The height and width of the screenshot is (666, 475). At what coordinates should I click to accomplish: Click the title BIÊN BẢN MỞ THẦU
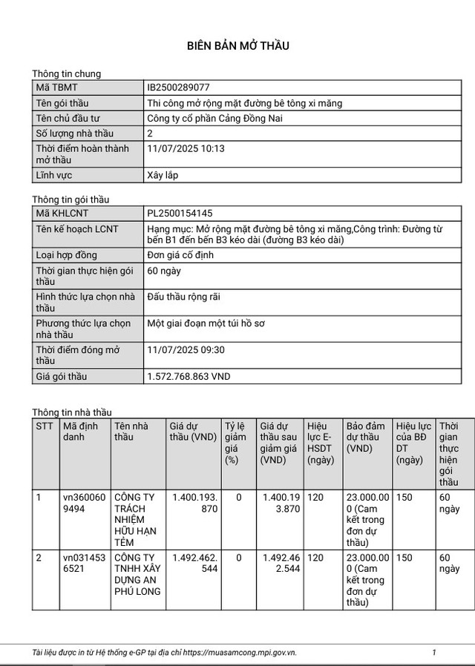point(237,46)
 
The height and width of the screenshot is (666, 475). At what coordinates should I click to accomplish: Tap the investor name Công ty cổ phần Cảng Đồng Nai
point(215,118)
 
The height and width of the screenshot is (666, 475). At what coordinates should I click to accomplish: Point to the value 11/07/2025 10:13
point(186,149)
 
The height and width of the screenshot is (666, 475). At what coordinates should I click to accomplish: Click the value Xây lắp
point(163,176)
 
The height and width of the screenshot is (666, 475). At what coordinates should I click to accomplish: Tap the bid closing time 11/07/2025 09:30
point(186,350)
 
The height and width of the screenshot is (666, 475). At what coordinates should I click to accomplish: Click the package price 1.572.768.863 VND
point(189,377)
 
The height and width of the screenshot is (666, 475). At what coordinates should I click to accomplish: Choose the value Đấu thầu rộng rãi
point(183,297)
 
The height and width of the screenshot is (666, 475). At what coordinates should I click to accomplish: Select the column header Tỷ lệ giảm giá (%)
point(237,443)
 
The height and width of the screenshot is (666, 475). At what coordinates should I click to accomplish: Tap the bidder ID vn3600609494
point(83,503)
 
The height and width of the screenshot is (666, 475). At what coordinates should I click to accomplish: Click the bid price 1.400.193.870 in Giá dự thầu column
point(194,503)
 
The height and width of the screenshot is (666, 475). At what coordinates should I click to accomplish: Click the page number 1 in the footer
point(434,652)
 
